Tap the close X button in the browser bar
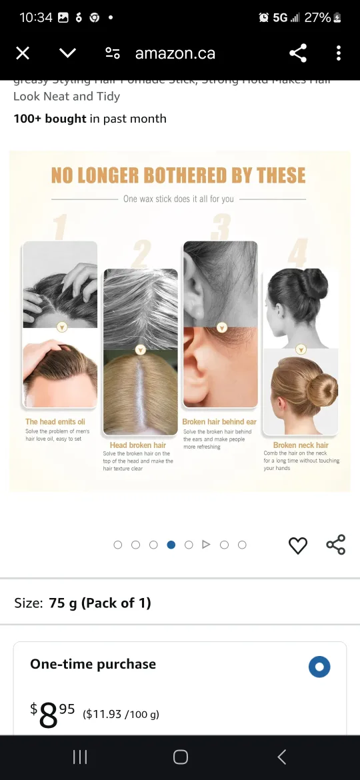point(23,53)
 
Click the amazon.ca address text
point(175,53)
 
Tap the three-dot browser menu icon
point(339,53)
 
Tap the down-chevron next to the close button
point(67,53)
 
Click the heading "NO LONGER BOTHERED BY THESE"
point(179,175)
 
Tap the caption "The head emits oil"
point(55,422)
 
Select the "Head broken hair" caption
point(138,445)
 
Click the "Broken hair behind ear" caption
point(219,422)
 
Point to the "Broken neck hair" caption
point(301,445)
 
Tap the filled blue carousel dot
point(171,545)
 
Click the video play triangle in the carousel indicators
point(206,545)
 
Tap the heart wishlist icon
point(297,545)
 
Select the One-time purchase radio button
point(319,667)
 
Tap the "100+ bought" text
point(50,119)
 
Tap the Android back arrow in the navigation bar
point(281,757)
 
